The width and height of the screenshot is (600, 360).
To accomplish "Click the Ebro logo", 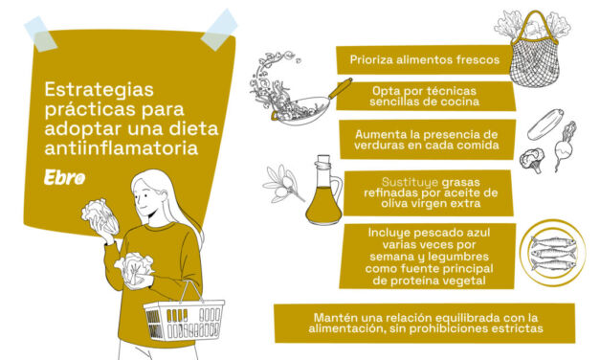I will [x=64, y=178].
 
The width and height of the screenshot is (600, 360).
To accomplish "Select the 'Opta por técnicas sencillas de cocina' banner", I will [x=423, y=96].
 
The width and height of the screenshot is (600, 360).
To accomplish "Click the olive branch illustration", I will [x=285, y=181].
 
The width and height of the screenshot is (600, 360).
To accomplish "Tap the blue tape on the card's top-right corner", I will [x=219, y=29].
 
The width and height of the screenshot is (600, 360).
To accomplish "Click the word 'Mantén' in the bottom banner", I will [x=335, y=317].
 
